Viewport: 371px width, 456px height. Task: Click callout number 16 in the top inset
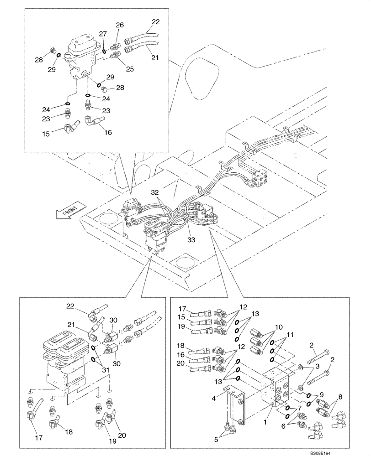pos(109,133)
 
